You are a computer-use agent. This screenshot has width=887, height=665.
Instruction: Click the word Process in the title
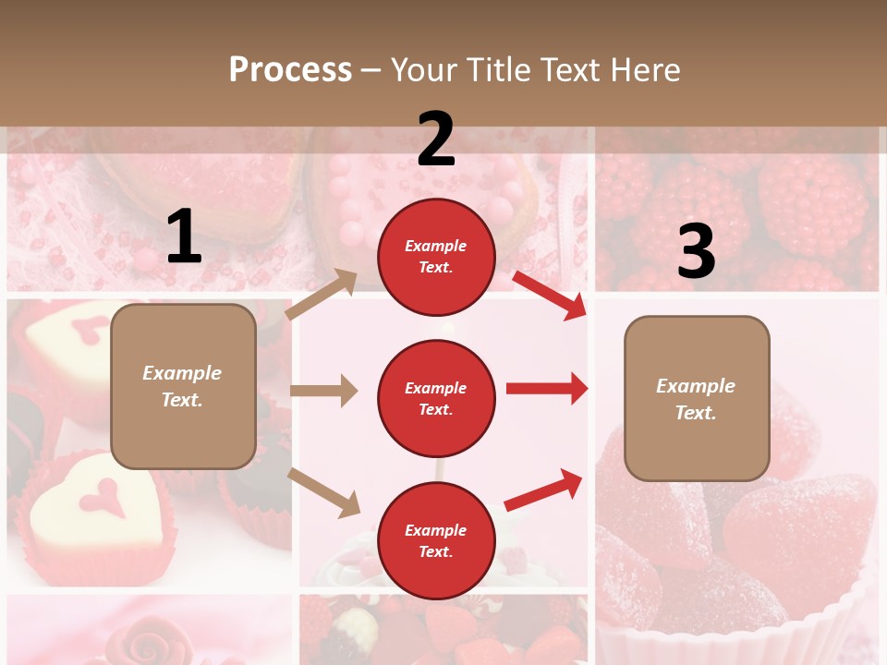[x=290, y=69]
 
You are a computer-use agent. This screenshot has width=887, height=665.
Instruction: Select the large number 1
[x=184, y=237]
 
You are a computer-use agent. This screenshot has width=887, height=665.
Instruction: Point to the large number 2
[x=436, y=139]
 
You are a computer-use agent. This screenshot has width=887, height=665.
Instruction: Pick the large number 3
[x=696, y=252]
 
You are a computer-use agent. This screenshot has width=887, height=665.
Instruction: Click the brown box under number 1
[x=183, y=386]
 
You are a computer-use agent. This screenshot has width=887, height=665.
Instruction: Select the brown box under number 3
[x=697, y=398]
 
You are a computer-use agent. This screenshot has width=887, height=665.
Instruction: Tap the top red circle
[x=436, y=257]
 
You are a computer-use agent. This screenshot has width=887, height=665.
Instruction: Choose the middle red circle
[x=436, y=398]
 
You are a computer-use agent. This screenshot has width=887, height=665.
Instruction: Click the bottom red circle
[x=436, y=540]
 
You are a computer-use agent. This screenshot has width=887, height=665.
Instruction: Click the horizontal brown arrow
[x=323, y=391]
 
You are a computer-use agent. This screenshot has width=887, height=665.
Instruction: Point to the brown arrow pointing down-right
[x=324, y=492]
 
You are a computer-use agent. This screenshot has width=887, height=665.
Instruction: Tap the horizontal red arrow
[x=546, y=389]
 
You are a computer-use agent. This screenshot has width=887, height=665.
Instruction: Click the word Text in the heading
[x=568, y=69]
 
